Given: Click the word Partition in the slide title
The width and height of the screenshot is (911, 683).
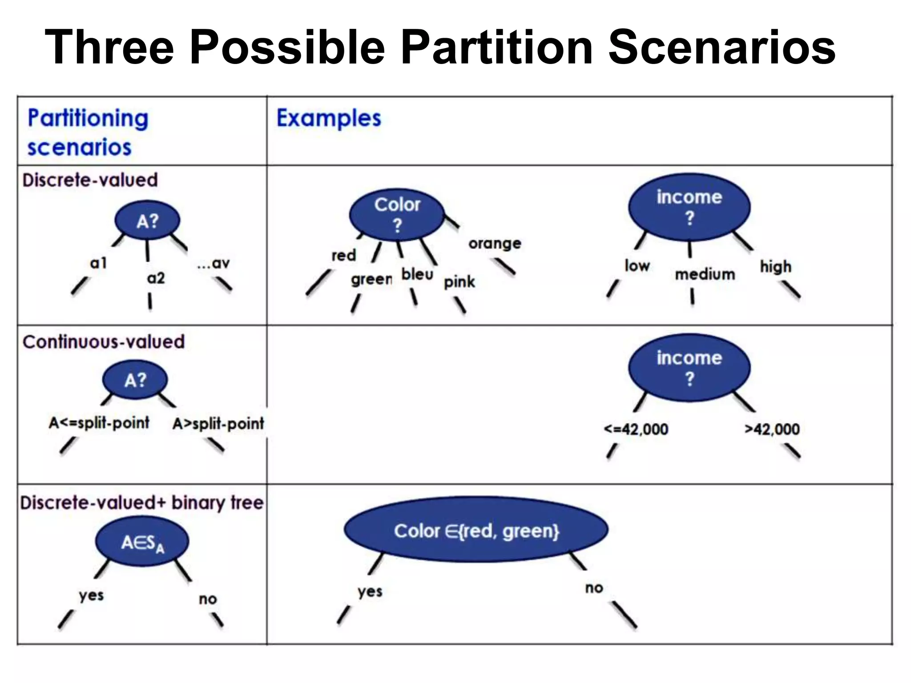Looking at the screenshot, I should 496,47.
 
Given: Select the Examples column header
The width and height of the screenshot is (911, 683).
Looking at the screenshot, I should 329,118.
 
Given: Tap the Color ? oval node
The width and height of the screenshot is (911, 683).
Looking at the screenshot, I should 397,215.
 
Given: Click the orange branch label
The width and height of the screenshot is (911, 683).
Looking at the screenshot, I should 495,243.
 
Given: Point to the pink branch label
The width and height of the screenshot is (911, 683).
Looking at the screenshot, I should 459,282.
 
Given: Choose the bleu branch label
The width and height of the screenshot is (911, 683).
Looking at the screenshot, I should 417,274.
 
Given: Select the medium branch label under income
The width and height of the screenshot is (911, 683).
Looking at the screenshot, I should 705,274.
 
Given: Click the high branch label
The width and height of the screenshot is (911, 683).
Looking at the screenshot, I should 775,266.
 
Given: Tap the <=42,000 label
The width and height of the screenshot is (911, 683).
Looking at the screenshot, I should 636,429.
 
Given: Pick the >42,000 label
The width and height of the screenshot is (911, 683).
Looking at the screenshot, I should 772,429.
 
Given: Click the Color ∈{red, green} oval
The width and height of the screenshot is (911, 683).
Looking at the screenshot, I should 476,530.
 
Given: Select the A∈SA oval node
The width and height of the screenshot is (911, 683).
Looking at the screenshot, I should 142,543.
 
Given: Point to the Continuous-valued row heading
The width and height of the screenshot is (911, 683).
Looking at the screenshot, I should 103,342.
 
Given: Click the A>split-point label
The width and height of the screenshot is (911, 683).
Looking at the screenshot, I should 218,423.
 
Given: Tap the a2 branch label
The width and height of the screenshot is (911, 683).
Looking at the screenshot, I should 156,278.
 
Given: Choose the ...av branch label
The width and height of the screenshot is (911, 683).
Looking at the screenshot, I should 214,263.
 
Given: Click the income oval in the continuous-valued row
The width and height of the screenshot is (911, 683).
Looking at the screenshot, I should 689,368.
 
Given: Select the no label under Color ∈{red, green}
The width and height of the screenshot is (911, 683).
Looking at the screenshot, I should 594,588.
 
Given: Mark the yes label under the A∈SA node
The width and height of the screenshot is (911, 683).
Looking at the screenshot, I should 91,595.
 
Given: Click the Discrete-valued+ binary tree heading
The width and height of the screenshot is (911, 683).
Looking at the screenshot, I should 141,503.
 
